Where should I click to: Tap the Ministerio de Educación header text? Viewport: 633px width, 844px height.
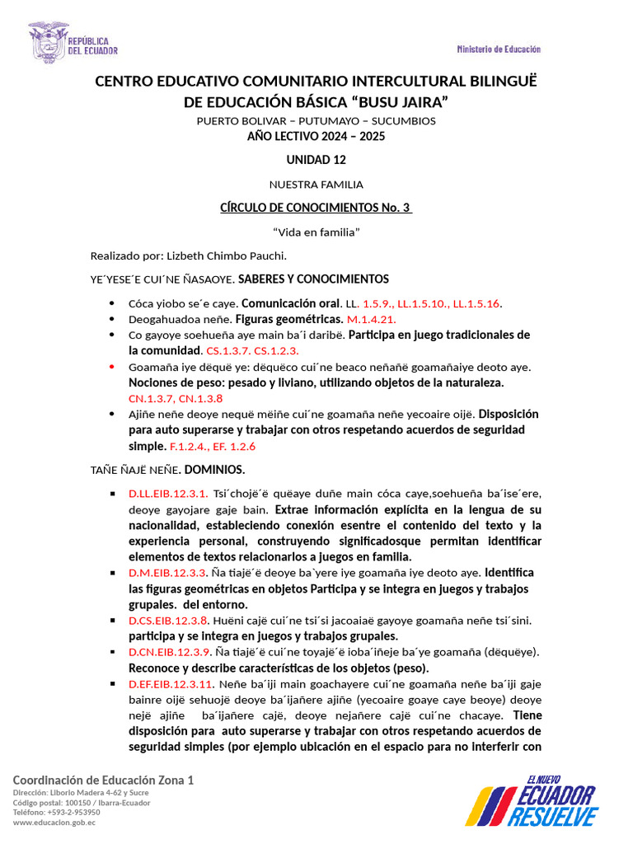tap(499, 49)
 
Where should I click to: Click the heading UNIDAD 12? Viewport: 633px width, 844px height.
tap(316, 160)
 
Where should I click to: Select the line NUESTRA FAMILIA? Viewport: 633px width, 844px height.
tap(316, 185)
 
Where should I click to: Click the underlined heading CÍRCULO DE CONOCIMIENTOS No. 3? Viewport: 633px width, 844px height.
tap(316, 209)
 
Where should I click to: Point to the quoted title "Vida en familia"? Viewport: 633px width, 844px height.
tap(316, 232)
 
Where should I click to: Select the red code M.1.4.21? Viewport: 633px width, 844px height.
tap(372, 319)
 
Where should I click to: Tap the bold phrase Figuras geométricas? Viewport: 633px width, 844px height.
tap(289, 319)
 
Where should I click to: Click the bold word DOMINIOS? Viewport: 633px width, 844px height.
tap(214, 470)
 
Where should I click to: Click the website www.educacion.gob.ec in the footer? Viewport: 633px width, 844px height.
tap(54, 822)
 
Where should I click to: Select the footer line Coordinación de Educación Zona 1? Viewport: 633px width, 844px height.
tap(103, 780)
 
